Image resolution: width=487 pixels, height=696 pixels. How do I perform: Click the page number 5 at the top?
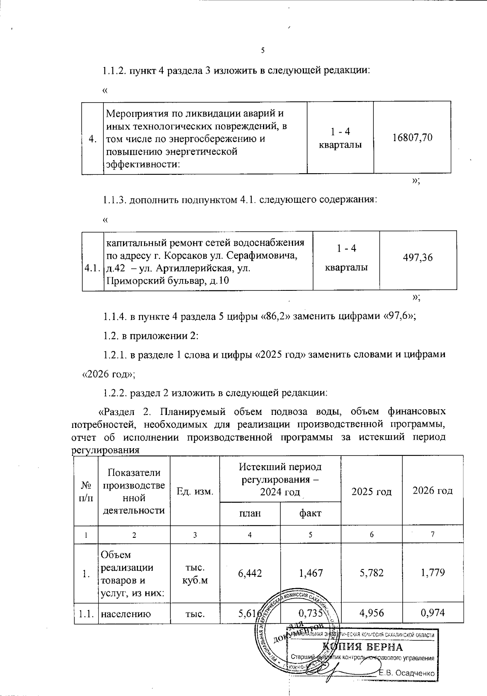pos(263,51)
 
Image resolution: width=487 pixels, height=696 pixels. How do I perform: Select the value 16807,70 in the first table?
pos(412,138)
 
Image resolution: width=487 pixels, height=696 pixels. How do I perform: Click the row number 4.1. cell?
pos(93,268)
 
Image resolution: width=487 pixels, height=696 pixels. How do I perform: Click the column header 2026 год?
pos(432,490)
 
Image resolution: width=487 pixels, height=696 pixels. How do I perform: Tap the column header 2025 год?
pos(371,492)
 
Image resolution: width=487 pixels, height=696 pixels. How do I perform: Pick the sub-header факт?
pos(310,513)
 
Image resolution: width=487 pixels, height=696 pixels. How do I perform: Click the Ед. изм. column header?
pos(195,492)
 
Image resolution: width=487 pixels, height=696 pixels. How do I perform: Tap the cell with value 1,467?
pos(310,573)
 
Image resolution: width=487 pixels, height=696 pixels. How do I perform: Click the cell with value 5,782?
pos(371,573)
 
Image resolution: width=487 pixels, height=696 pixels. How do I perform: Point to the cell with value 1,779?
pos(433,573)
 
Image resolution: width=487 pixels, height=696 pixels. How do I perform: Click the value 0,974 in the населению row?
pos(433,612)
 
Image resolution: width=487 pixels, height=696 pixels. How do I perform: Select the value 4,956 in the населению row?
pos(371,612)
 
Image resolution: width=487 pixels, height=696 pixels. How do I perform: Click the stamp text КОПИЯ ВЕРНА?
pos(362,647)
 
